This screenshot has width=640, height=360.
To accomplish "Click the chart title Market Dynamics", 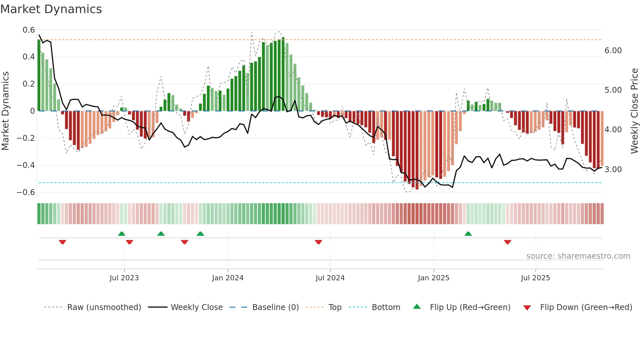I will (x=51, y=9).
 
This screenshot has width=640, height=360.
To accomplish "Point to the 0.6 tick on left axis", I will (x=29, y=30).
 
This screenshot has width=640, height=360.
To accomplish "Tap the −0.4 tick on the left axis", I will (x=26, y=165).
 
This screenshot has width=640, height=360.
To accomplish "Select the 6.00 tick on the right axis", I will (x=613, y=51).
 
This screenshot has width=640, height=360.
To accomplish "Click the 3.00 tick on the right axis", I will (x=613, y=170).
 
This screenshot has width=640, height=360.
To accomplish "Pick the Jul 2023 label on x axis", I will (x=124, y=278).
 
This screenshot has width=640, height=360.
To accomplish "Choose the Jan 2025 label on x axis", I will (x=434, y=278).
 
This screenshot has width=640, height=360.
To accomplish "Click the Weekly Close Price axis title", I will (x=634, y=111).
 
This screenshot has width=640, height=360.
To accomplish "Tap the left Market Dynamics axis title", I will (x=6, y=111).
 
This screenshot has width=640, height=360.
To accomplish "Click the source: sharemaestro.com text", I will (x=578, y=256).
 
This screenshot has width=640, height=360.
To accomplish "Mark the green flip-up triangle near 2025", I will (x=468, y=234).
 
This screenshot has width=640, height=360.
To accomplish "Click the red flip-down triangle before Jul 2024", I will (x=318, y=242).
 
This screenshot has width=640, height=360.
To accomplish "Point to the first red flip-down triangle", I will (x=63, y=242).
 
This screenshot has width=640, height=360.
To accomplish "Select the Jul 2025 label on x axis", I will (x=536, y=278).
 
